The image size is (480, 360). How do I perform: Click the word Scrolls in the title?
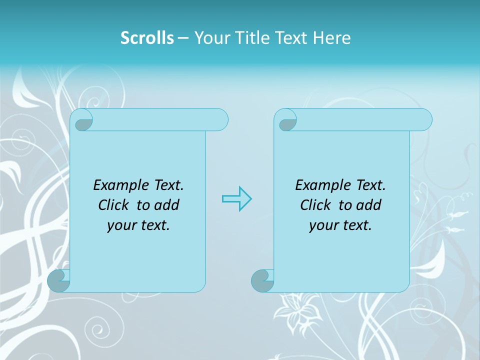coord(147,38)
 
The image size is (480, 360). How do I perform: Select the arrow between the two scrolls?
coord(236,199)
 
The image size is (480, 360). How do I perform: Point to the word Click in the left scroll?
coord(114,205)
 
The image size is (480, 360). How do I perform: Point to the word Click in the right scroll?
coord(316,205)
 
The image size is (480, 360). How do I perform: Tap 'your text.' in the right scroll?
coord(340,225)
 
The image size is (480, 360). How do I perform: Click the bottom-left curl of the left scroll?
coord(59,280)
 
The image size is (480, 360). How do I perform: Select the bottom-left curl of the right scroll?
coord(262,280)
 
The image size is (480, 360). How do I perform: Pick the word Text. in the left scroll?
coord(167,185)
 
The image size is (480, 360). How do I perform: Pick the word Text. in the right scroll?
coord(369,185)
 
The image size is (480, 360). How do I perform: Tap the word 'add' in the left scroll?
coord(166,205)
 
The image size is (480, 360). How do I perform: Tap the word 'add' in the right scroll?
coord(368,205)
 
